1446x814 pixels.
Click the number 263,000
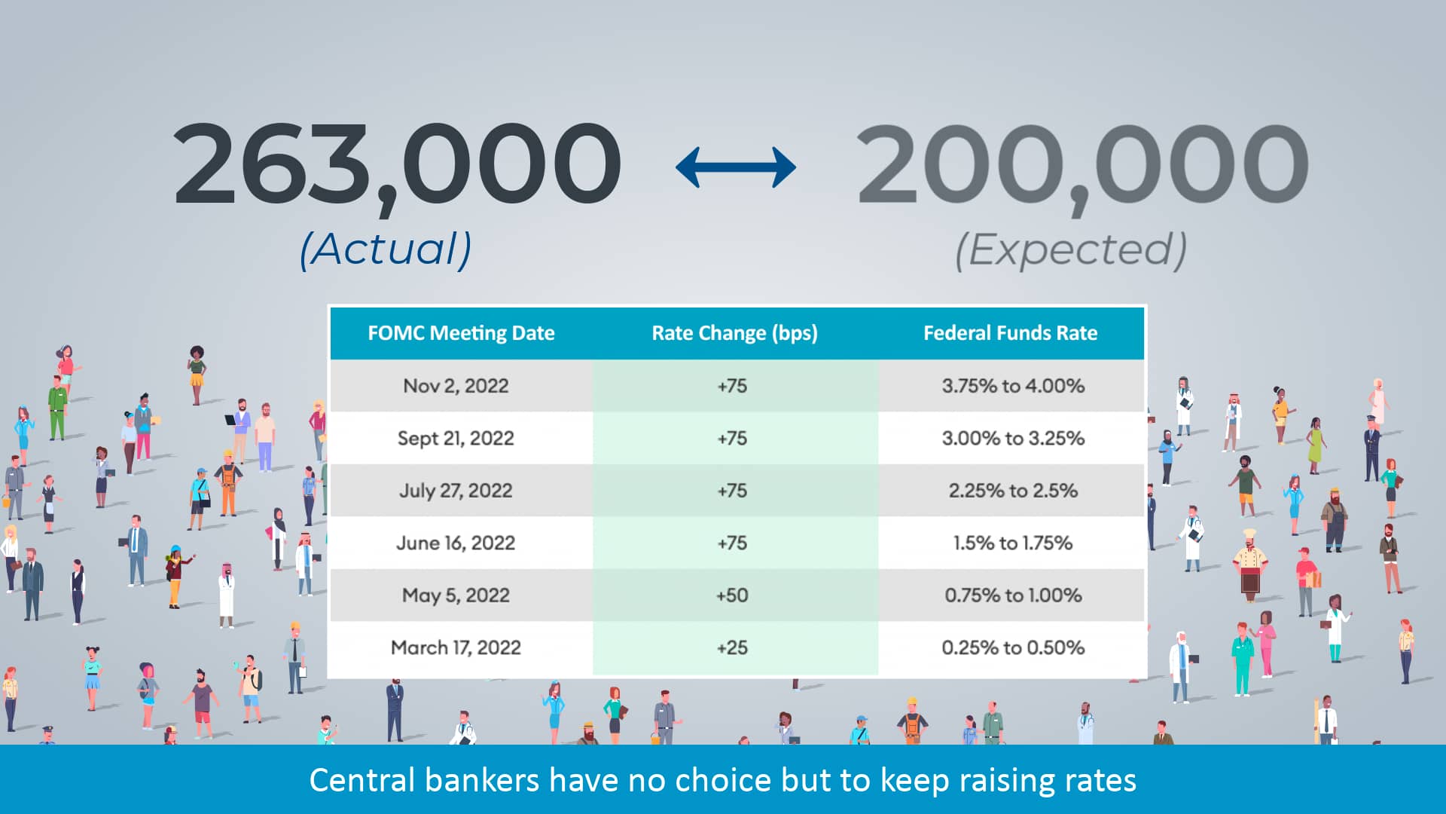397,164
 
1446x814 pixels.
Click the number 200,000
1082,164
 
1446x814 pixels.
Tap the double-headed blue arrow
735,167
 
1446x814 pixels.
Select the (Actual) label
386,249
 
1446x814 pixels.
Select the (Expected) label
1070,249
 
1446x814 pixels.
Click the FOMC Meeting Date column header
461,333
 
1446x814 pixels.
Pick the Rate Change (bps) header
734,333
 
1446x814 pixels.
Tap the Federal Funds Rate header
1010,333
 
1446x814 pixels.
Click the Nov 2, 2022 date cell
456,386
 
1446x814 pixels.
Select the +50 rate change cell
732,595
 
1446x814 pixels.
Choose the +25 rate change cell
732,647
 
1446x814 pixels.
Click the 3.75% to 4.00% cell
1013,386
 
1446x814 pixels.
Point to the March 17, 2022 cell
456,647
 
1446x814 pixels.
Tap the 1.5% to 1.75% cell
1013,543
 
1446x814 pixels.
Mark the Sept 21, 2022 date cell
456,438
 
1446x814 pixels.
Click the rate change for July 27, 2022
732,491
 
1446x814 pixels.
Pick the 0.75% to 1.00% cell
1013,595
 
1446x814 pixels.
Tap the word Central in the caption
361,781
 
